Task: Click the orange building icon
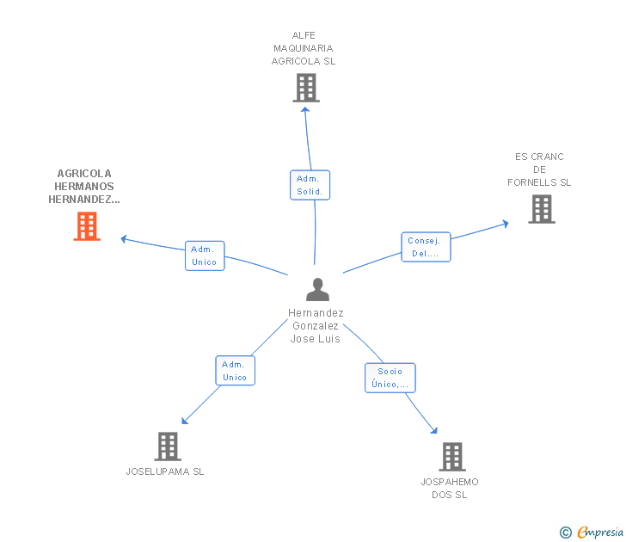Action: (x=87, y=226)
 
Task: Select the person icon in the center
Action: (x=317, y=290)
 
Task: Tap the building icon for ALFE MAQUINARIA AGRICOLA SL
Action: (x=305, y=88)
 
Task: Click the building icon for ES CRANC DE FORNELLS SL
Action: (x=541, y=209)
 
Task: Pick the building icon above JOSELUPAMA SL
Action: (x=168, y=447)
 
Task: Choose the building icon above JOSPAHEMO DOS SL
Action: (x=451, y=457)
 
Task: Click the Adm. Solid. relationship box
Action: (x=310, y=185)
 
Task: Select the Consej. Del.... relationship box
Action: (x=426, y=247)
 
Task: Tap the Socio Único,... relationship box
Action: (x=390, y=378)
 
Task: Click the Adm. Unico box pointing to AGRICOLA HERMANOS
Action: (x=205, y=256)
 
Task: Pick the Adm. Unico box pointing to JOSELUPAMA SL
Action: (x=235, y=371)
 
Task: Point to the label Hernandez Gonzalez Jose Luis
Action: (x=316, y=326)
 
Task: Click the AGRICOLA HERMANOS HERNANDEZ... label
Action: (x=84, y=187)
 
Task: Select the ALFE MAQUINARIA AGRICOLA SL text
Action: (x=304, y=48)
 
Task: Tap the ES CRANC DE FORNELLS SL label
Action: (x=539, y=169)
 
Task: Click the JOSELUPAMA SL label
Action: (x=165, y=471)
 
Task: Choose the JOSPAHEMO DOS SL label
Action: (x=449, y=489)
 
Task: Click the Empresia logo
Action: (x=600, y=533)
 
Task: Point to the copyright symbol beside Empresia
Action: (x=565, y=533)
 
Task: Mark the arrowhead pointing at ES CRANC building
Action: (x=505, y=223)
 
